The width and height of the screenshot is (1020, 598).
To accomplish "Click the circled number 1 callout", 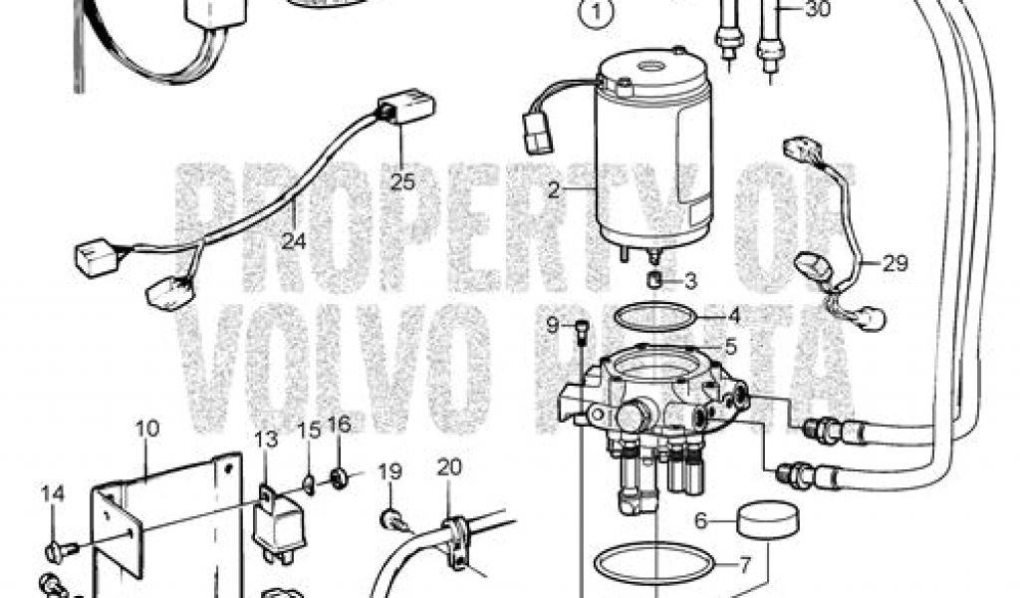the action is [x=597, y=14].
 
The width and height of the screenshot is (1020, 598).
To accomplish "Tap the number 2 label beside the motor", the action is [x=554, y=190].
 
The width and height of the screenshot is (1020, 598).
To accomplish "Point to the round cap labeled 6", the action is [x=768, y=518].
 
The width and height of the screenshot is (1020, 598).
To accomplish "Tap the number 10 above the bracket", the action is [x=147, y=429].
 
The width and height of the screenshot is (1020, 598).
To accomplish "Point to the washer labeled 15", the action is [x=309, y=484].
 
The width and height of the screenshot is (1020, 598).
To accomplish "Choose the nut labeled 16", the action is [x=339, y=479].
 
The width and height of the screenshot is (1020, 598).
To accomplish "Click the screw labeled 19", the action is [x=391, y=520].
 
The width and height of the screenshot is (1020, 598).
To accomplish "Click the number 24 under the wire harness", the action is [x=294, y=241].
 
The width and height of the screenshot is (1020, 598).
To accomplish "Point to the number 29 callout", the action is [x=895, y=263].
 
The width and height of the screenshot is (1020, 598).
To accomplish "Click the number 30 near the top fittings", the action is [x=819, y=10].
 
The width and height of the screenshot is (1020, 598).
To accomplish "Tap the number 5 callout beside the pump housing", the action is [x=730, y=347].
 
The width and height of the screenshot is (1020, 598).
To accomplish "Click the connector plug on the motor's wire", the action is [x=538, y=133].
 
